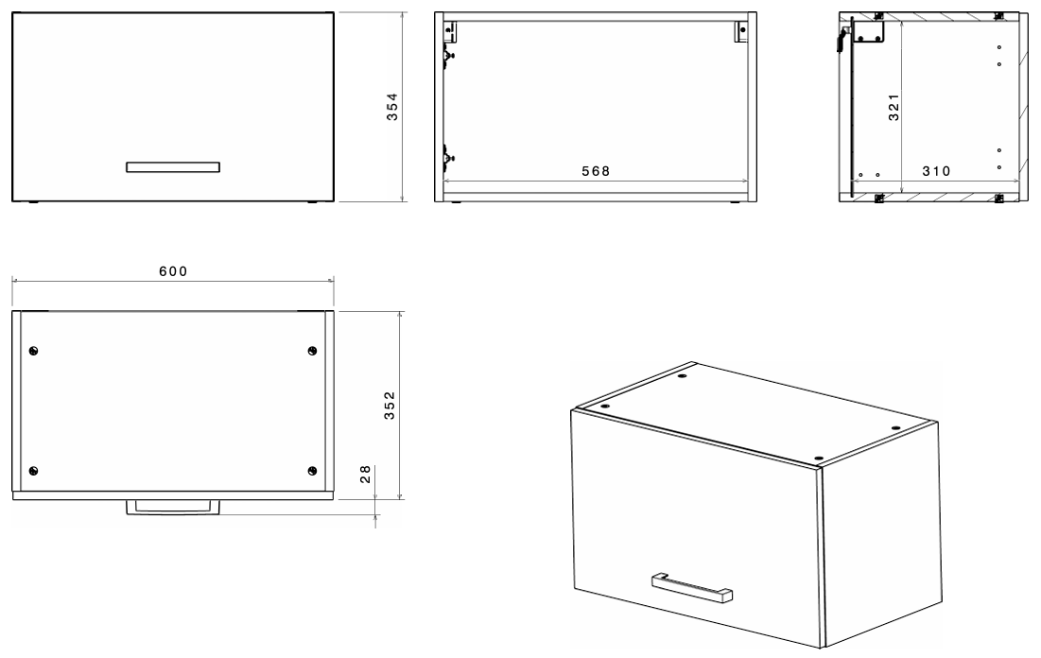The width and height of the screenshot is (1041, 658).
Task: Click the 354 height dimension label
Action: tap(392, 106)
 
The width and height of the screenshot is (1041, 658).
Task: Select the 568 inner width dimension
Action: tap(596, 171)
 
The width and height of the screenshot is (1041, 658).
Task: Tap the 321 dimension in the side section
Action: tap(894, 107)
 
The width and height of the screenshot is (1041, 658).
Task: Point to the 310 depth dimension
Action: tap(936, 171)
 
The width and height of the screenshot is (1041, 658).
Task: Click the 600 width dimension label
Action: tap(173, 271)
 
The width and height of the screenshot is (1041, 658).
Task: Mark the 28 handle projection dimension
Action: tap(365, 474)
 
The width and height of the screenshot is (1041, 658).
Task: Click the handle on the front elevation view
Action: tap(173, 166)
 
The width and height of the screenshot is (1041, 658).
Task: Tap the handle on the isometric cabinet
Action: tap(692, 587)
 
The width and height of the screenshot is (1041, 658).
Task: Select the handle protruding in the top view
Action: tap(173, 508)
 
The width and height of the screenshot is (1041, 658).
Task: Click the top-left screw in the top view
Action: tap(34, 351)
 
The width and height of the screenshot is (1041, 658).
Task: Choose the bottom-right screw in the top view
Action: tap(312, 471)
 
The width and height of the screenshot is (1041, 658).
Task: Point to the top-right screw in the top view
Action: tap(312, 351)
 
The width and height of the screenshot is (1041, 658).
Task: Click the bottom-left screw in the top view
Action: tap(34, 471)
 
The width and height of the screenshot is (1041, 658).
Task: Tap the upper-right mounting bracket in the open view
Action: tap(741, 31)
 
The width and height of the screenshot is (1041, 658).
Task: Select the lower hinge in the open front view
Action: tap(448, 157)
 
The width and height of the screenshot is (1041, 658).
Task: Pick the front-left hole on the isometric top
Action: tap(605, 405)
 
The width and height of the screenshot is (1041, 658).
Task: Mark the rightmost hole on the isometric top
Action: tap(895, 428)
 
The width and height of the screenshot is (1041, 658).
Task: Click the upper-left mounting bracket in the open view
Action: tap(451, 31)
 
